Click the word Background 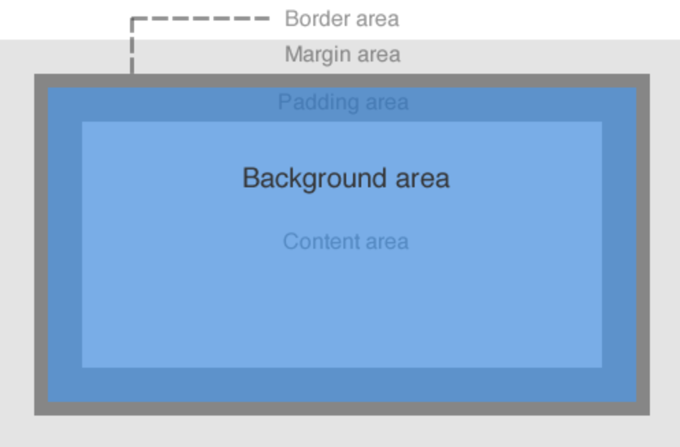click(x=305, y=178)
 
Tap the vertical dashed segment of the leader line click(x=131, y=48)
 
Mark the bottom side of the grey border click(x=342, y=409)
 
